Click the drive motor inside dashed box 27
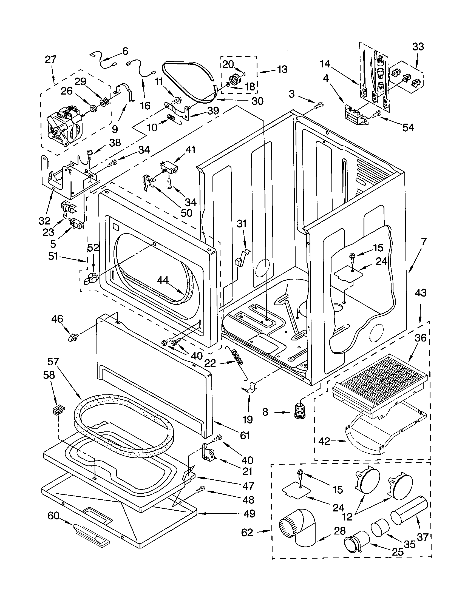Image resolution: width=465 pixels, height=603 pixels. click(x=65, y=127)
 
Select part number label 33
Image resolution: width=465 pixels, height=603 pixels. click(x=418, y=47)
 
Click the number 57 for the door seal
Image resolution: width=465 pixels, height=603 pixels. click(x=53, y=362)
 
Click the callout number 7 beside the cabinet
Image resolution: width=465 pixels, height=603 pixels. click(x=424, y=242)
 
